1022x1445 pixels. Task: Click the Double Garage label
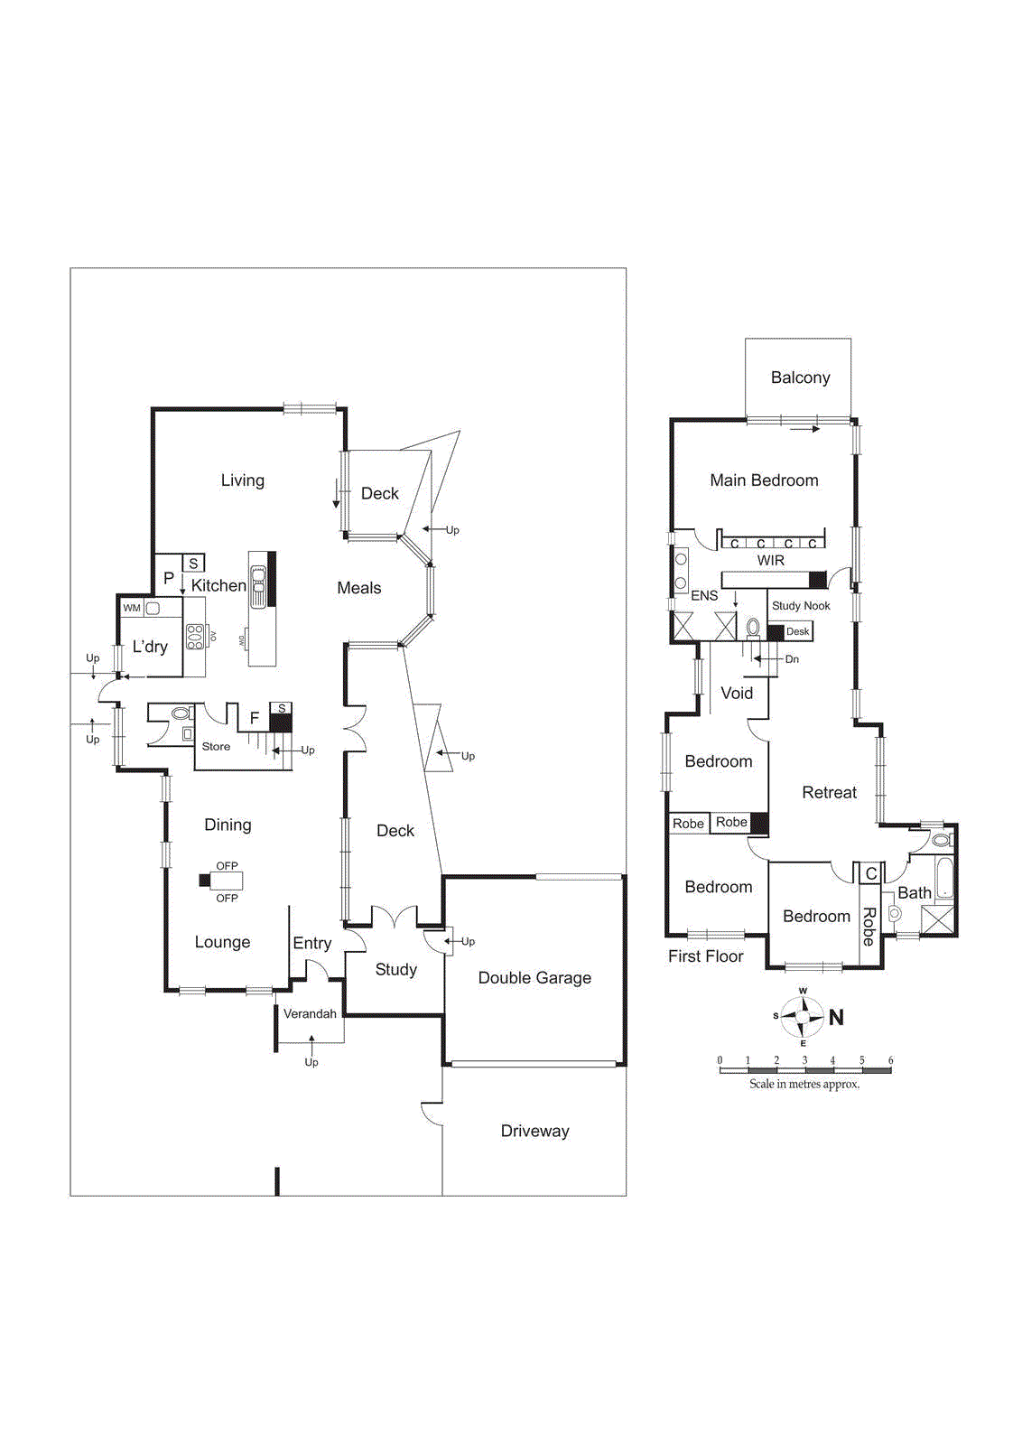click(534, 977)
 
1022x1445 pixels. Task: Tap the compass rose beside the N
click(802, 1017)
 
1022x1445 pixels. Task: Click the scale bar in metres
click(804, 1070)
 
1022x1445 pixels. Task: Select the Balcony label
click(800, 378)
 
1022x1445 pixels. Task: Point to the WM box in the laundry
click(132, 608)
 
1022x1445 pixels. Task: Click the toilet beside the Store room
click(181, 713)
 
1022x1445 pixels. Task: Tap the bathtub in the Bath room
click(943, 878)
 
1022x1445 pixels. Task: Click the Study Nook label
click(801, 606)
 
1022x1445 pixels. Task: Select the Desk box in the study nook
click(797, 631)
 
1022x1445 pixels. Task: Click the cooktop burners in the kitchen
click(194, 637)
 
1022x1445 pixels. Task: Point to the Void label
click(737, 693)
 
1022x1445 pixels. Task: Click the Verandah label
click(310, 1013)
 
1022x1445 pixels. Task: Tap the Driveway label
click(534, 1131)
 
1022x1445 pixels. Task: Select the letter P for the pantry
click(169, 578)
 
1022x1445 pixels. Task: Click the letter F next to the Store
click(255, 719)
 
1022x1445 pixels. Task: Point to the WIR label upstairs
click(770, 561)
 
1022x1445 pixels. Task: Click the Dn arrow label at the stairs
click(792, 659)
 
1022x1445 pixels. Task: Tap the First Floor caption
click(705, 956)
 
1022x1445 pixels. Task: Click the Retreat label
click(829, 792)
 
